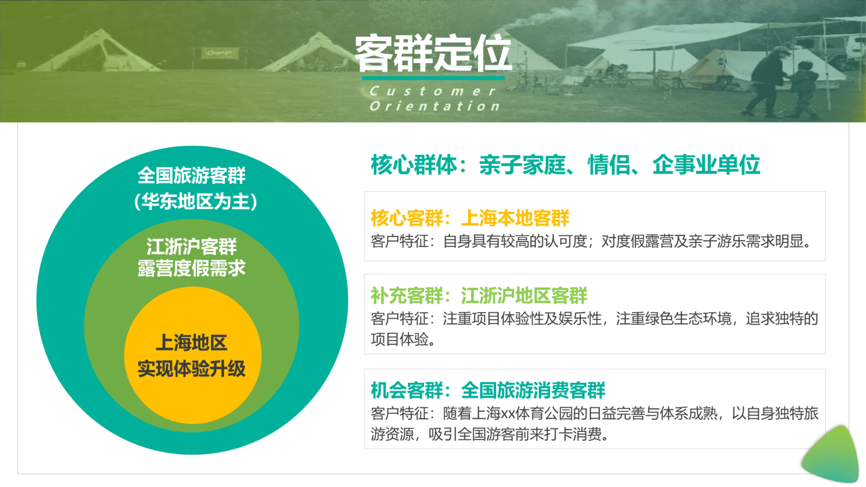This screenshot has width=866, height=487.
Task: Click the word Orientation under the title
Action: tap(435, 106)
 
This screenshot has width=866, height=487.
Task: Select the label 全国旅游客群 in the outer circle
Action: tap(192, 175)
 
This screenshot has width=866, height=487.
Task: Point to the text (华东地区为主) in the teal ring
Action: tap(195, 201)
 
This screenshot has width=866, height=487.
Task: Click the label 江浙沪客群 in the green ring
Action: tap(192, 246)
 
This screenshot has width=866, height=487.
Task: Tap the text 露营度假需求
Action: tap(192, 268)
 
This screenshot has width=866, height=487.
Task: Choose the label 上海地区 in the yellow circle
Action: tap(192, 343)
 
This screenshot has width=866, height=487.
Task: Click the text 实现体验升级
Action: tap(192, 369)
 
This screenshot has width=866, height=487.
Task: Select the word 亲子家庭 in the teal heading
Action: tap(522, 165)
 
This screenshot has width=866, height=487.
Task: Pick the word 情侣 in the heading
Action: tap(609, 165)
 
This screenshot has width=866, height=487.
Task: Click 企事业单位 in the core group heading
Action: tap(706, 165)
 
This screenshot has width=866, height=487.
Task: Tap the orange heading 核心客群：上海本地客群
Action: tap(470, 218)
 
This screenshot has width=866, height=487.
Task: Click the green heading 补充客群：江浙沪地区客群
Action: tap(479, 296)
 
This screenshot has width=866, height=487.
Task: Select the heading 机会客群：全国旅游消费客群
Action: tap(488, 391)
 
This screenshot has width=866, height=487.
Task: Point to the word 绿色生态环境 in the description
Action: tap(688, 319)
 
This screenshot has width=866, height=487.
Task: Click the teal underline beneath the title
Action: tap(433, 78)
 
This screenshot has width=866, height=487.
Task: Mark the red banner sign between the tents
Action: tap(220, 53)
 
